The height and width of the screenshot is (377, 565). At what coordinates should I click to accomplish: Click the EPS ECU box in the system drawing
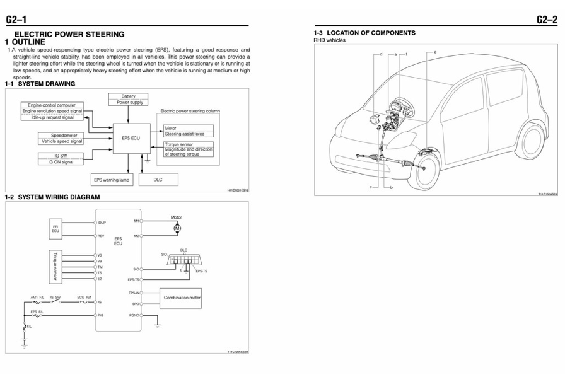(131, 138)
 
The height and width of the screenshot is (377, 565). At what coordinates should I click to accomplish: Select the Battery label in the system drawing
(129, 96)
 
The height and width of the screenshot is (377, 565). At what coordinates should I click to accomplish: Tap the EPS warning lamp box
(111, 180)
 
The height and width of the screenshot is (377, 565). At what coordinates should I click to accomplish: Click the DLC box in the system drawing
(158, 180)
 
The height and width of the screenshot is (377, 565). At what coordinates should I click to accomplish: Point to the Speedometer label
(68, 136)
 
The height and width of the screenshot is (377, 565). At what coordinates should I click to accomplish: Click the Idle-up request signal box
(52, 117)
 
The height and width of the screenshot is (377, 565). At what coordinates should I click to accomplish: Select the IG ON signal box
(61, 162)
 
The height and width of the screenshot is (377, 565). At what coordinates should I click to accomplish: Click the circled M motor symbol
(177, 228)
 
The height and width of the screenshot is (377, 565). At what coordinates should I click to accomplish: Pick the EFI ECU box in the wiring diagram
(56, 229)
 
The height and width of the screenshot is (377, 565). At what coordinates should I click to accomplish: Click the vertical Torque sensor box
(56, 266)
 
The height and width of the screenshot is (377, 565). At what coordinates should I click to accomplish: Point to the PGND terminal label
(134, 314)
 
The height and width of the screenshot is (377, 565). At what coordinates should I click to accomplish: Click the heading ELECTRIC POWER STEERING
(69, 34)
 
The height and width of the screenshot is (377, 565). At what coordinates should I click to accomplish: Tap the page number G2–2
(547, 20)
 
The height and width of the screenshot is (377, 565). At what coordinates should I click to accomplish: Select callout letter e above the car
(435, 51)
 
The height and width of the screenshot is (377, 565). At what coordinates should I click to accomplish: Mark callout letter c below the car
(371, 187)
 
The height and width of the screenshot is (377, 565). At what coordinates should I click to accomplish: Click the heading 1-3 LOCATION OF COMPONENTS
(364, 33)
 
